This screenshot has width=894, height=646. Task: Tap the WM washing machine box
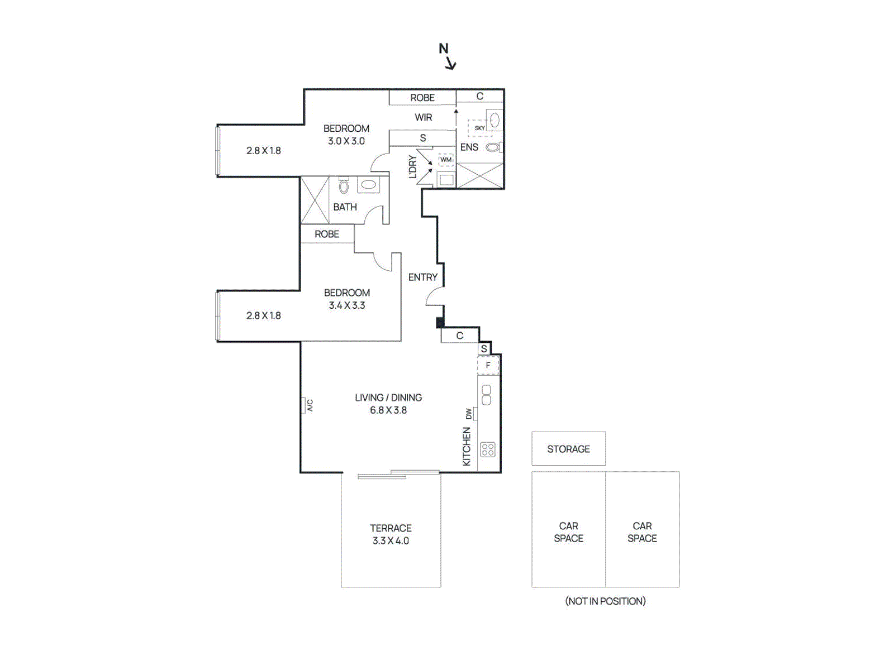(445, 160)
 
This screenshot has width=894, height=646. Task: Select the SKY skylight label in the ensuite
(479, 128)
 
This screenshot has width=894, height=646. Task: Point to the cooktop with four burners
(488, 449)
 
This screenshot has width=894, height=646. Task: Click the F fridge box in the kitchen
(488, 366)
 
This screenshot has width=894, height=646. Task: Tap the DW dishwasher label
(468, 414)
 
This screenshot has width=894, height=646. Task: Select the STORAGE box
(568, 448)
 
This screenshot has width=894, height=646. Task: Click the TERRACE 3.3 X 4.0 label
(391, 534)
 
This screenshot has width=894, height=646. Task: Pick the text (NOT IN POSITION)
(605, 601)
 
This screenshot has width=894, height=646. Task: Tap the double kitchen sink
(487, 395)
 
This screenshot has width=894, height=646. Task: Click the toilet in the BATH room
(344, 186)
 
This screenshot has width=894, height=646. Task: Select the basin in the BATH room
(368, 184)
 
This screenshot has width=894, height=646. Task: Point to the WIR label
(423, 117)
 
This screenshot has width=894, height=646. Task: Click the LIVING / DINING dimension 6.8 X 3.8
(388, 410)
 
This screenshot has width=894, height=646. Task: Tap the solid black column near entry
(440, 323)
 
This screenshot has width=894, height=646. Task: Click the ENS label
(469, 147)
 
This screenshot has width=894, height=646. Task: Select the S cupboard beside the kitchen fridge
(484, 349)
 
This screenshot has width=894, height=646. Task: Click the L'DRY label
(412, 166)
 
